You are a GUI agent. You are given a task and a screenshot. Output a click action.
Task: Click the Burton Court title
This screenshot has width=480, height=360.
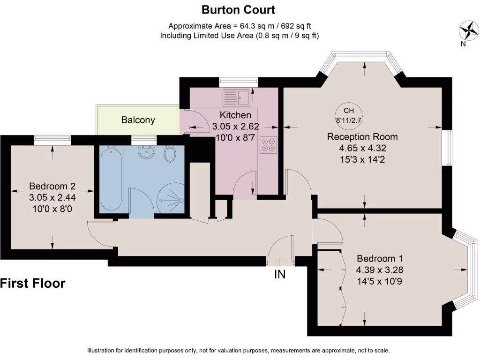tap(238, 9)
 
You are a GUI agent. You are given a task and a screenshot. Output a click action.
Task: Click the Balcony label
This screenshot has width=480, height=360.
tap(138, 120)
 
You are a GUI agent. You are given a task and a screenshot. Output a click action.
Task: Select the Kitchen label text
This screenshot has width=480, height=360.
tap(235, 115)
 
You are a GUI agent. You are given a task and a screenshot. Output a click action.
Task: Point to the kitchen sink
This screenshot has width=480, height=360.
tap(237, 98)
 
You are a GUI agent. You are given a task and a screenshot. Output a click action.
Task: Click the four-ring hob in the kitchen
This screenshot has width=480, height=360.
tap(268, 145)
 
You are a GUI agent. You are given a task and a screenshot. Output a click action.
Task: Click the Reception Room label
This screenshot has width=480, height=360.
tap(362, 137)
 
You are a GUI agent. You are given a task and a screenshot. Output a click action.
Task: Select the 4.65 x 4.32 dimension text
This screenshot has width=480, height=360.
tap(362, 149)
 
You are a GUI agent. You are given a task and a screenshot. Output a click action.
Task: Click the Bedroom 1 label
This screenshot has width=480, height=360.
tap(380, 259)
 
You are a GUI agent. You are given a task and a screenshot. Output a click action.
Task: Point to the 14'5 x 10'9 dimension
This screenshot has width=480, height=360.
tap(380, 282)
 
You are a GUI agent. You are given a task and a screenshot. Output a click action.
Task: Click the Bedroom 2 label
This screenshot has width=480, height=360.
tap(52, 186)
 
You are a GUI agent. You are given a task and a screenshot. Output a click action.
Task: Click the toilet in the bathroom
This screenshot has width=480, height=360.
tap(171, 153)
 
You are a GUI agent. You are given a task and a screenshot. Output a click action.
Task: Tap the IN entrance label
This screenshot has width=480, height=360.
tap(280, 274)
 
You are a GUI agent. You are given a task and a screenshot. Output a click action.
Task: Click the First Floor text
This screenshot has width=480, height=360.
tap(32, 283)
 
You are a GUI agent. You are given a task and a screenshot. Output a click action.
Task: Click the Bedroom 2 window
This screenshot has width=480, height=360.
tap(52, 138)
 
